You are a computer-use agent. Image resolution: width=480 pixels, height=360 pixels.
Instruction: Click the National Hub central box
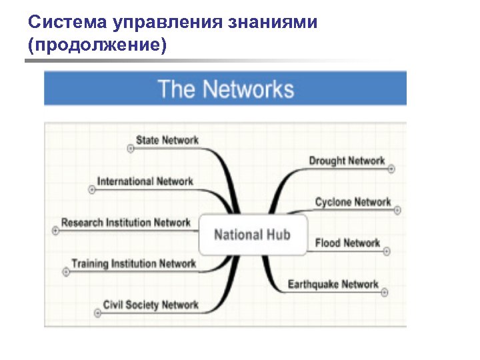[253, 235]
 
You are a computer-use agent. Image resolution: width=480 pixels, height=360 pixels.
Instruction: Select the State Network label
[167, 140]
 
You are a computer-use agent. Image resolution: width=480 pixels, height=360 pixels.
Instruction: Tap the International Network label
[145, 181]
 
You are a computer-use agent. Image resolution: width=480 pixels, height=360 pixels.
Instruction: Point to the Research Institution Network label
[126, 223]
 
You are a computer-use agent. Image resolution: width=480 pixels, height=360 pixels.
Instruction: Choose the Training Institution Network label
[134, 263]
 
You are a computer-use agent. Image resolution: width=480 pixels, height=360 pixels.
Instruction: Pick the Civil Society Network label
[151, 305]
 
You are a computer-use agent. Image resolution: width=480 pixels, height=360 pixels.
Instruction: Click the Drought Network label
[347, 161]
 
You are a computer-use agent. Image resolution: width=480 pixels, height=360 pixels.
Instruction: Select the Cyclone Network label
[353, 201]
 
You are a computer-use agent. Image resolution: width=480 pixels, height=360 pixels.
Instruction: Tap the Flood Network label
[347, 243]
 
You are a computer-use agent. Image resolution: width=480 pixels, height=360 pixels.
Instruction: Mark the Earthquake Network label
[333, 284]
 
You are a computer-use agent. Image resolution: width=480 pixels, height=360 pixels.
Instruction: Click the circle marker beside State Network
[131, 149]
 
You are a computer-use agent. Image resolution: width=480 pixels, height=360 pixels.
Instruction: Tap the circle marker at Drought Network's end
[391, 169]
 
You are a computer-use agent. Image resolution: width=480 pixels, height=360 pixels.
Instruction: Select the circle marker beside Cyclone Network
[397, 210]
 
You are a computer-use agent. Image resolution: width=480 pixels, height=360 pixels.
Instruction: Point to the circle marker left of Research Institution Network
[55, 231]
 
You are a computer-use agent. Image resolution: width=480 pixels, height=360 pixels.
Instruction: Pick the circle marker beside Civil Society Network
[97, 313]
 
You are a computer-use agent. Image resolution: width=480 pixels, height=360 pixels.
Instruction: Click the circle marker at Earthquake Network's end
[385, 293]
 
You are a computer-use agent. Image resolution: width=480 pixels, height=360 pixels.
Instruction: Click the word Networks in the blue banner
[249, 89]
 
